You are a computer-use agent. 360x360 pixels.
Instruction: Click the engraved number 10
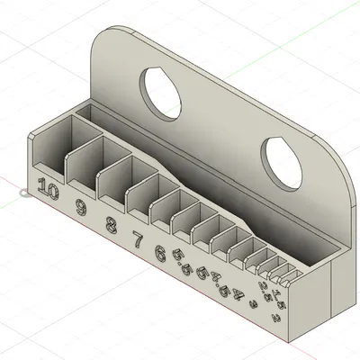coord(49,191)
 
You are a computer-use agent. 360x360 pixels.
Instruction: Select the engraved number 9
coord(82,209)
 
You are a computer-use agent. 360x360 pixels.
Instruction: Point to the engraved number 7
coord(138,239)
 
